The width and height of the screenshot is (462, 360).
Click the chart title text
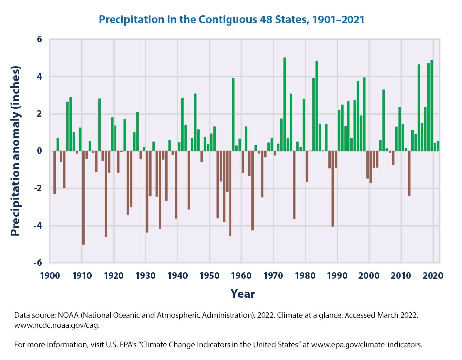click(x=231, y=20)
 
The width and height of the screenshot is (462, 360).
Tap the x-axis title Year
click(x=243, y=294)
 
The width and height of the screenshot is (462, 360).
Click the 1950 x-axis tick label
click(x=210, y=275)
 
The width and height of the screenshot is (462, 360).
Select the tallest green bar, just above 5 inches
click(x=285, y=104)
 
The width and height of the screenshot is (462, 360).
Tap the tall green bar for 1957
click(x=233, y=114)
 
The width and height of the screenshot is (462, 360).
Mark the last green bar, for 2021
click(x=438, y=146)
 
